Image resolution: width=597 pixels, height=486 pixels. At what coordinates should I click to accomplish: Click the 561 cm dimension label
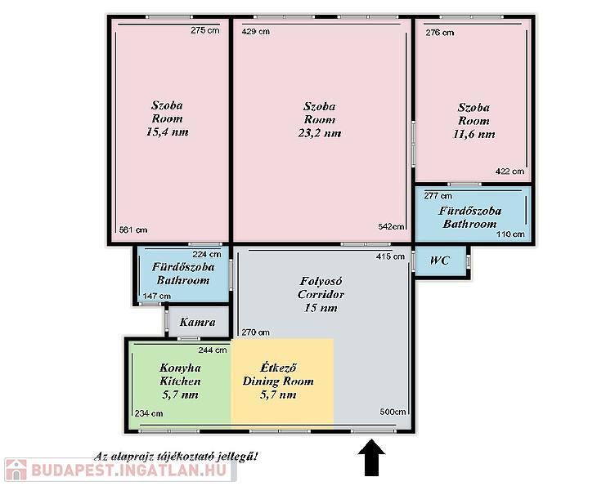pyautogui.click(x=132, y=230)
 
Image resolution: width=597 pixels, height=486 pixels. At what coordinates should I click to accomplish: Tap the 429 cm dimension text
pyautogui.click(x=256, y=32)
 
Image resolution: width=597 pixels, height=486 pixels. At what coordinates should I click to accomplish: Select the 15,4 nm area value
pyautogui.click(x=167, y=132)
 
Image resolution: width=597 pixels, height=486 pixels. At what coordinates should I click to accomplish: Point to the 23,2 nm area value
pyautogui.click(x=320, y=133)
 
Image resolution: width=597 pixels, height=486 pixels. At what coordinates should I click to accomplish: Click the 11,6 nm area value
pyautogui.click(x=474, y=134)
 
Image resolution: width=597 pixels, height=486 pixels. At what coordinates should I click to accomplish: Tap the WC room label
pyautogui.click(x=440, y=261)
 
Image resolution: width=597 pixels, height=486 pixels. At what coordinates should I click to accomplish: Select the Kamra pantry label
pyautogui.click(x=198, y=322)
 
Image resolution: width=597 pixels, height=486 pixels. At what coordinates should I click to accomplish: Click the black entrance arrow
pyautogui.click(x=371, y=458)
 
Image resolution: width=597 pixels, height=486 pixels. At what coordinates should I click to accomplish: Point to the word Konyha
pyautogui.click(x=180, y=368)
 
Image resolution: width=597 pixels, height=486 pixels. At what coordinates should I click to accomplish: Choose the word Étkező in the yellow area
pyautogui.click(x=278, y=368)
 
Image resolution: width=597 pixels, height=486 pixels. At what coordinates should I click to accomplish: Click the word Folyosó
pyautogui.click(x=321, y=281)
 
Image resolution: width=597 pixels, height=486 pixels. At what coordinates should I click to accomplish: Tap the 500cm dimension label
pyautogui.click(x=393, y=412)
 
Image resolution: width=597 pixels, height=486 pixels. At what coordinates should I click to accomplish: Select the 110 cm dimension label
pyautogui.click(x=510, y=234)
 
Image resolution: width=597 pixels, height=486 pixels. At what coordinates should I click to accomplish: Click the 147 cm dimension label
pyautogui.click(x=156, y=296)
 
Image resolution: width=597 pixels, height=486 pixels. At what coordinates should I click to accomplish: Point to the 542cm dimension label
pyautogui.click(x=391, y=226)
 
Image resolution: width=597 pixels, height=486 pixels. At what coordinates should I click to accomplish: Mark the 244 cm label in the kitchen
pyautogui.click(x=213, y=350)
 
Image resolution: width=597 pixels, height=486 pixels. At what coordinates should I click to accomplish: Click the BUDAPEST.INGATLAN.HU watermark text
pyautogui.click(x=128, y=470)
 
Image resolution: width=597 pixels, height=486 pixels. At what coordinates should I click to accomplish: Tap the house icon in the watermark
pyautogui.click(x=16, y=470)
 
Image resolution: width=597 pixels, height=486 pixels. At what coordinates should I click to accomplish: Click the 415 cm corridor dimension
pyautogui.click(x=390, y=256)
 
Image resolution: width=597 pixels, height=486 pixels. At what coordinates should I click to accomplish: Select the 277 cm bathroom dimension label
pyautogui.click(x=438, y=195)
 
